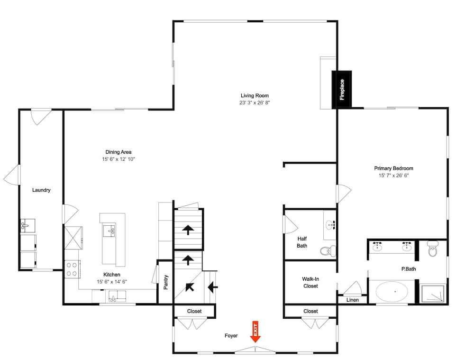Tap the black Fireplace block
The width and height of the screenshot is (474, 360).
342,89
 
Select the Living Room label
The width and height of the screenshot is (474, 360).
255,96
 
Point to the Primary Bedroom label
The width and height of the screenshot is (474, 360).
393,168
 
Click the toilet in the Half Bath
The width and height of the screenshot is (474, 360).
327,250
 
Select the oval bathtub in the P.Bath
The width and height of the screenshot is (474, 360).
392,291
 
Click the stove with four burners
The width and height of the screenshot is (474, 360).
72,269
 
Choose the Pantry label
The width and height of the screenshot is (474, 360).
166,282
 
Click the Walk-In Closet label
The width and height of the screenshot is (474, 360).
310,283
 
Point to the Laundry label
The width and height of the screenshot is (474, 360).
41,190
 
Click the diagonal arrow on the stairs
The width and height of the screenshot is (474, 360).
190,286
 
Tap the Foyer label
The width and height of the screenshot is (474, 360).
231,336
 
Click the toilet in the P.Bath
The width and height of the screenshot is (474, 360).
432,249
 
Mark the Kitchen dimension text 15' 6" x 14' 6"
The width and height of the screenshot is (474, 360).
112,282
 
